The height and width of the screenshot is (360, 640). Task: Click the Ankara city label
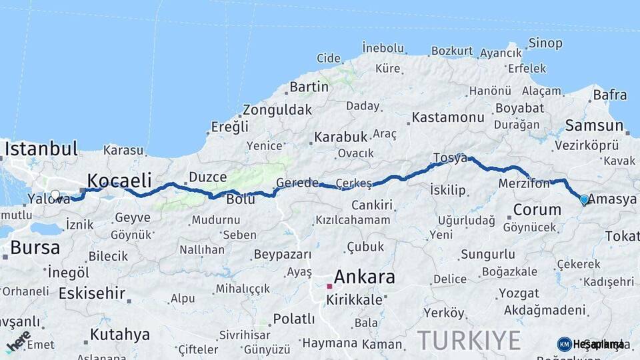(365, 277)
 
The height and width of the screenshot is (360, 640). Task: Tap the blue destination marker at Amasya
(584, 199)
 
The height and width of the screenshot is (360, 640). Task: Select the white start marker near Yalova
(55, 196)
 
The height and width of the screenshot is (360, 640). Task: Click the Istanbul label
(41, 148)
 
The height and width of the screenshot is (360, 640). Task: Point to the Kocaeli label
(119, 180)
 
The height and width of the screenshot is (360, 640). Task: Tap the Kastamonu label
(448, 117)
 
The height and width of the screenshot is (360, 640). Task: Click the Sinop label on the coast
(545, 43)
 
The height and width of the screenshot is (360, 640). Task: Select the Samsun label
(593, 125)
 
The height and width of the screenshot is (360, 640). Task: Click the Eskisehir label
(92, 293)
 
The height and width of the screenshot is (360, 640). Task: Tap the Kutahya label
(120, 334)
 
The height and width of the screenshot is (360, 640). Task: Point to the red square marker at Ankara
(329, 286)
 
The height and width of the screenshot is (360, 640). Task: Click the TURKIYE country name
(469, 340)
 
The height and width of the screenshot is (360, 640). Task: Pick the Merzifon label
(524, 183)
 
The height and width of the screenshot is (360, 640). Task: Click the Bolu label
(241, 199)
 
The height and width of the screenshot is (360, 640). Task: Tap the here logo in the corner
(19, 341)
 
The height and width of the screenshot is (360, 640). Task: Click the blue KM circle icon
(564, 344)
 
